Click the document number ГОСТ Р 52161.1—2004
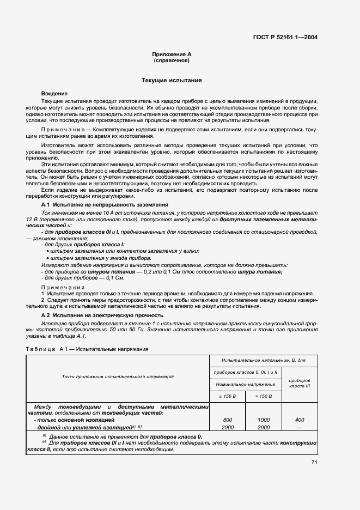click(285, 38)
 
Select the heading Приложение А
click(172, 56)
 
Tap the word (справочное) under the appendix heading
click(172, 62)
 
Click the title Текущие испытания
click(172, 81)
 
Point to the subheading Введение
click(54, 94)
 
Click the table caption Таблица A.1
click(46, 349)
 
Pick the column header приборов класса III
click(300, 383)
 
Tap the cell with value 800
click(228, 420)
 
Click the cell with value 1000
click(264, 420)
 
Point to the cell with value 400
click(300, 420)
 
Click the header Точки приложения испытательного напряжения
click(118, 377)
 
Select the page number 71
click(314, 463)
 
